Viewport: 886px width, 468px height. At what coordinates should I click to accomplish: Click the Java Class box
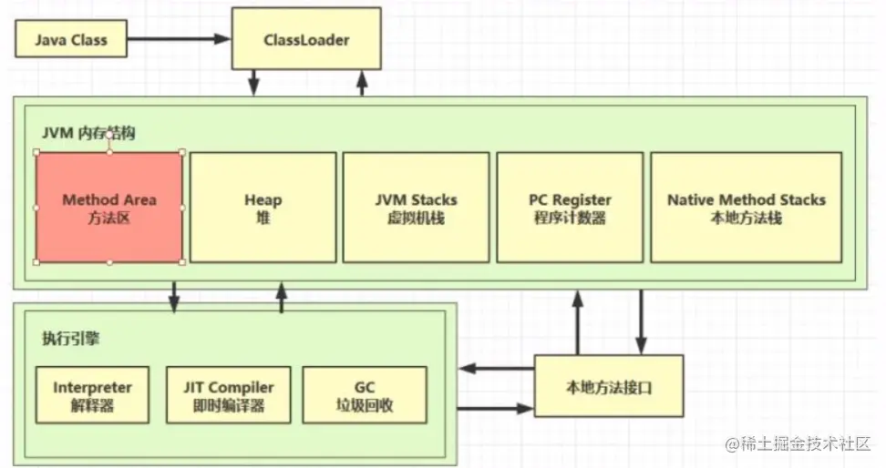coord(71,40)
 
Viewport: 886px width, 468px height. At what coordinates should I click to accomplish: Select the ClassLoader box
coord(306,40)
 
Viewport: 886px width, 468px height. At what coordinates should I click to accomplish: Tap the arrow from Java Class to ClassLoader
coord(178,40)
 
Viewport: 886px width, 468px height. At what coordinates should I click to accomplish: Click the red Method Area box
coord(109,208)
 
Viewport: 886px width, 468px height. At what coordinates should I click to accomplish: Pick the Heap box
coord(263,208)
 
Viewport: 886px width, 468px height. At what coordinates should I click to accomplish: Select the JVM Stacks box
coord(416,208)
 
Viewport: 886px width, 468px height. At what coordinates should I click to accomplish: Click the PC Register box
coord(570,208)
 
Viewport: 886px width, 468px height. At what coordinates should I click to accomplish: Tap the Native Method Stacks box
coord(746,208)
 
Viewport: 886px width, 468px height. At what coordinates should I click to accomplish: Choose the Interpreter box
coord(92,395)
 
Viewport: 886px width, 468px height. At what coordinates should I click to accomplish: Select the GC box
coord(364,395)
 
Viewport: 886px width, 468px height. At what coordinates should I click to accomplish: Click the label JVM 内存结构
coord(88,132)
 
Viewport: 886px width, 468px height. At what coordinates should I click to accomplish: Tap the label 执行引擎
coord(71,339)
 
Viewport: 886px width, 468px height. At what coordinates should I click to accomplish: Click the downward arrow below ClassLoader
coord(254,84)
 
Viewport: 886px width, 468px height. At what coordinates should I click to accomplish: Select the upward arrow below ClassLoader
coord(362,84)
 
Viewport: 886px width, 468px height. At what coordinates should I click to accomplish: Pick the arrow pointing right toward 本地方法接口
coord(497,408)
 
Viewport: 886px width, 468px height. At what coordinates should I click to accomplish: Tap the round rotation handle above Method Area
coord(109,134)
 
